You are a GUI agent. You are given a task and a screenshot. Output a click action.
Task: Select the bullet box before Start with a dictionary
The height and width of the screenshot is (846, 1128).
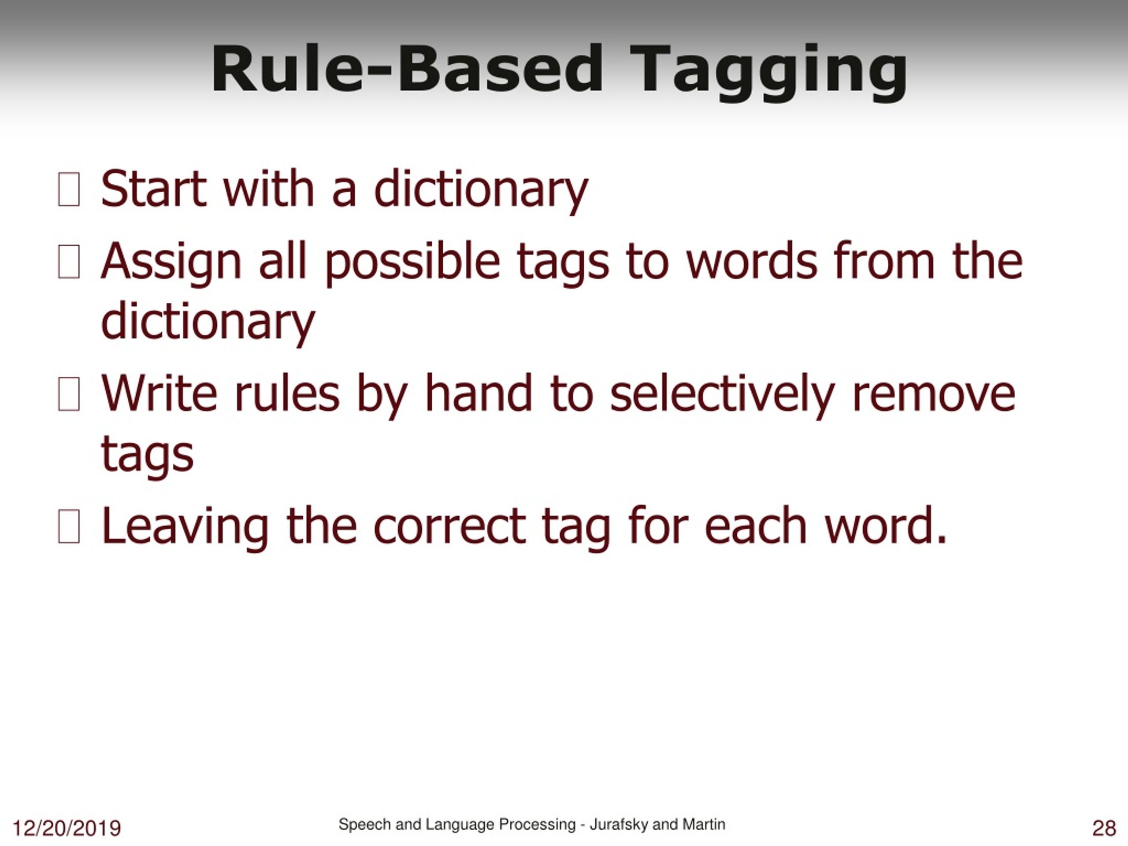(69, 190)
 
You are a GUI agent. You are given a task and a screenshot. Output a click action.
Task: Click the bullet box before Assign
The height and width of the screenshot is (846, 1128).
(69, 262)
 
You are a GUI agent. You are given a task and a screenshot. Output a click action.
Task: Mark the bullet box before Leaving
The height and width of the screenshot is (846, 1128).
(69, 526)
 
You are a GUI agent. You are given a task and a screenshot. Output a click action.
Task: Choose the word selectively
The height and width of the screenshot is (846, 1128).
(722, 395)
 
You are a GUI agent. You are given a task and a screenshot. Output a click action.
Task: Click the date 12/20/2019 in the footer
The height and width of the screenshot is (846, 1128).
(66, 828)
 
